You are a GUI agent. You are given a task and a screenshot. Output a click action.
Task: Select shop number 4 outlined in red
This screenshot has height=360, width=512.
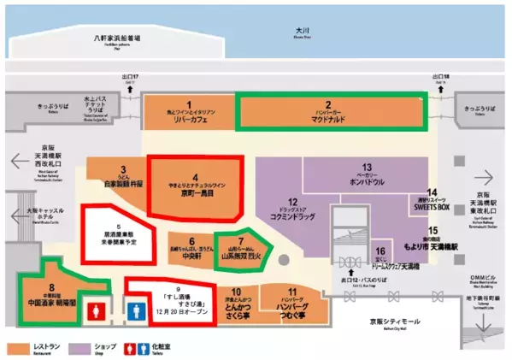[195, 184]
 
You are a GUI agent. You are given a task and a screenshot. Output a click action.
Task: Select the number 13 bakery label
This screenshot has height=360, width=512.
[366, 176]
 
